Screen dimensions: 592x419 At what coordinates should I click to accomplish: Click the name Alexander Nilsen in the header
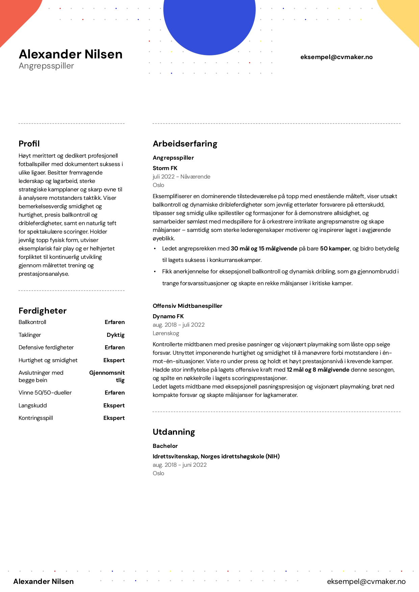(x=71, y=54)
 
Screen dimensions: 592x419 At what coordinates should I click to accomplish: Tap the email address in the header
(x=336, y=57)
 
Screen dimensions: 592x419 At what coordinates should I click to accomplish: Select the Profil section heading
(x=29, y=144)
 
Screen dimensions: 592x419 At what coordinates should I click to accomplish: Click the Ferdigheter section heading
(x=43, y=311)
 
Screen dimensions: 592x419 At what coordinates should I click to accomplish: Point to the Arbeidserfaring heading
(x=185, y=144)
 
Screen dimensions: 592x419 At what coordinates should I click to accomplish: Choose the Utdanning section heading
(x=174, y=432)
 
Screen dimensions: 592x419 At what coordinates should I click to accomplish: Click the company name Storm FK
(x=165, y=168)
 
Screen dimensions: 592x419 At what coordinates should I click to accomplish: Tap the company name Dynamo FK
(x=168, y=316)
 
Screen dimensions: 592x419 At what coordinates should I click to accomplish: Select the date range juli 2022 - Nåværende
(x=181, y=177)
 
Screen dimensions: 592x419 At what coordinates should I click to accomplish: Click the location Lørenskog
(x=166, y=333)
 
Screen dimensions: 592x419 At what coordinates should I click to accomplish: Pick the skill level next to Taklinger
(x=116, y=335)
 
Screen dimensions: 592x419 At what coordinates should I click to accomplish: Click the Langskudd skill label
(x=33, y=405)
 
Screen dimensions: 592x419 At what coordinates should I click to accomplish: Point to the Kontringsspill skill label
(x=36, y=418)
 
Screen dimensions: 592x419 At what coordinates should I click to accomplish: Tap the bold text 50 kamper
(x=335, y=248)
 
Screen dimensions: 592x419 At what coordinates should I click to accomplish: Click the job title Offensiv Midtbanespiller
(x=188, y=306)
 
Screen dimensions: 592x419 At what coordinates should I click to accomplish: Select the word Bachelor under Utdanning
(x=165, y=446)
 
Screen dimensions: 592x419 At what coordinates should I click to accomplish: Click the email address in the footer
(x=366, y=581)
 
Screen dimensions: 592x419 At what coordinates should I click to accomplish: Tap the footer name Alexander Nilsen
(x=44, y=581)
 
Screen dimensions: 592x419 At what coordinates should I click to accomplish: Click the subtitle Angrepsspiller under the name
(x=46, y=66)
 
